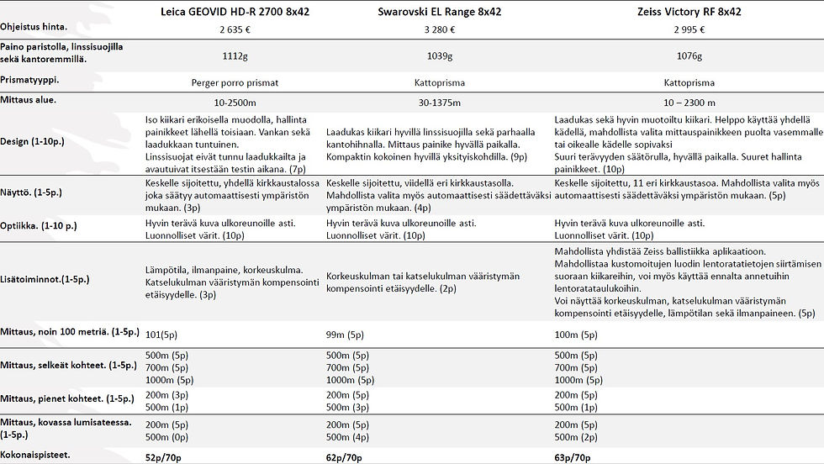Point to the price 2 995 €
click(x=689, y=29)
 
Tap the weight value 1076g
click(x=689, y=55)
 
